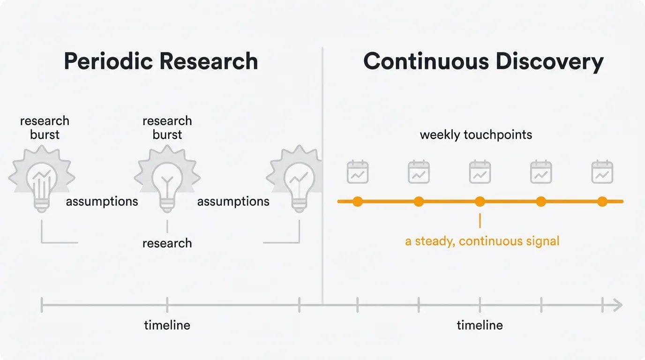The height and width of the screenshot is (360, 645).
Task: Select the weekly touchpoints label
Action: (476, 135)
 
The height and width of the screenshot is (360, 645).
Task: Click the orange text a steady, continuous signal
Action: (482, 241)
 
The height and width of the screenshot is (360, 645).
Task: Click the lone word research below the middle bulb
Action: (167, 243)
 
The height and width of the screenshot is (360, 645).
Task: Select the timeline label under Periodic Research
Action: (167, 325)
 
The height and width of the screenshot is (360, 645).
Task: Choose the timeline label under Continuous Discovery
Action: (480, 325)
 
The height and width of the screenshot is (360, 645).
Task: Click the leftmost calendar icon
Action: (358, 172)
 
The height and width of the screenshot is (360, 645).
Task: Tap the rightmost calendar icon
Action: (602, 172)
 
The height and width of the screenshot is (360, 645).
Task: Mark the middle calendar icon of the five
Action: (480, 172)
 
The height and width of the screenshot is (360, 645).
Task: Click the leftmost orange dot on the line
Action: (358, 202)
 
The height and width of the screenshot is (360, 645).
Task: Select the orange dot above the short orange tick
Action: (480, 202)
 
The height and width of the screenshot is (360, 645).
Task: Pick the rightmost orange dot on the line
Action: (602, 202)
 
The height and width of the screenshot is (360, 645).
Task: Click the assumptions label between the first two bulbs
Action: (102, 202)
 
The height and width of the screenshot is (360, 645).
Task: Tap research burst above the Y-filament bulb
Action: (167, 127)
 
